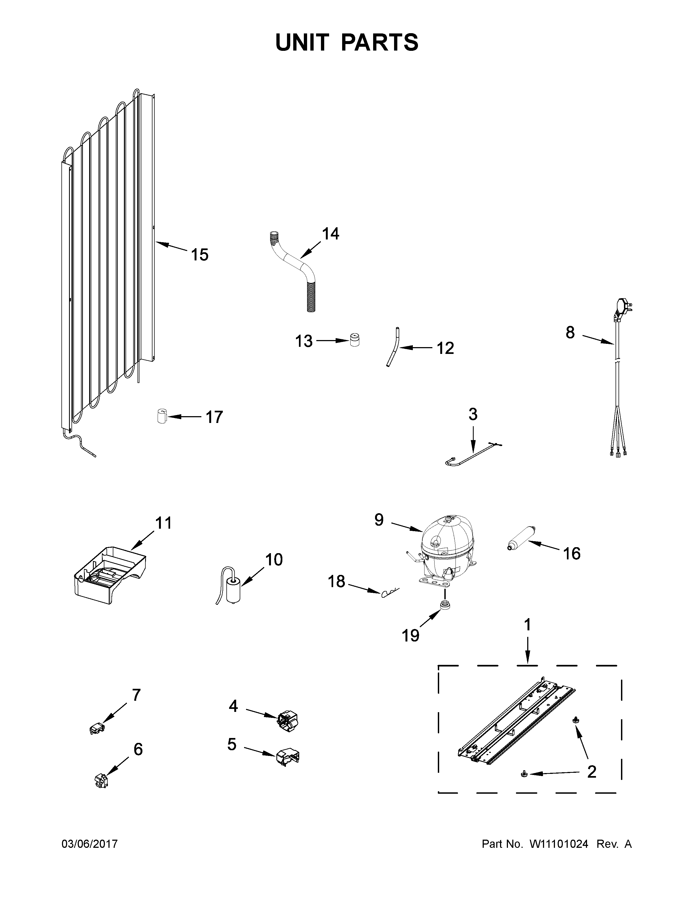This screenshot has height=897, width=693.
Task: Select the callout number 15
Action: (199, 255)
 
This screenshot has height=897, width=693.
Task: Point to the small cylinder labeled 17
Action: (163, 416)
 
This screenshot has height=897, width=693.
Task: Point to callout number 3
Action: (473, 415)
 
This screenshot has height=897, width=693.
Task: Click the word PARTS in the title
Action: (379, 43)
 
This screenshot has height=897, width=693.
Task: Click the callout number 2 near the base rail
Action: (591, 772)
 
